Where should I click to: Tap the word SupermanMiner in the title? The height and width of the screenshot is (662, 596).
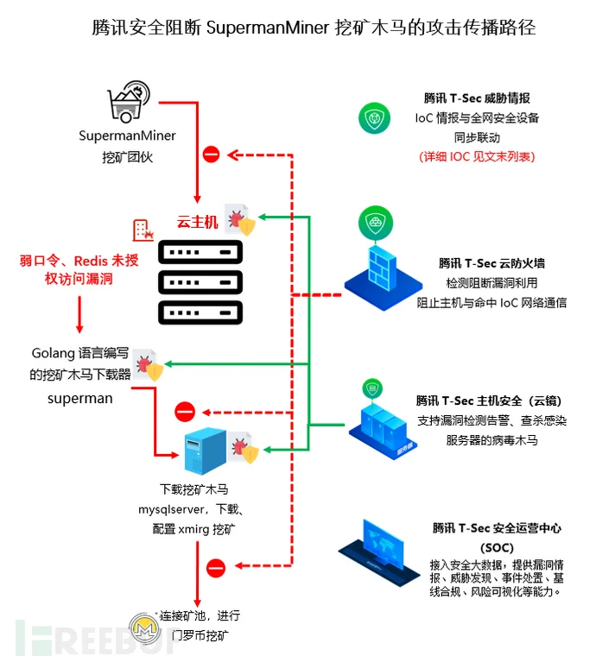268,28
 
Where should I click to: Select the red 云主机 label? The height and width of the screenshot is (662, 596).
197,222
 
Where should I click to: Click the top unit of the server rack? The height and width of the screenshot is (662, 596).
200,252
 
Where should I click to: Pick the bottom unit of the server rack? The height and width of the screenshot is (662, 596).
200,312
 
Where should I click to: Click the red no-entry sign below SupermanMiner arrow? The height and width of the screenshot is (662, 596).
212,154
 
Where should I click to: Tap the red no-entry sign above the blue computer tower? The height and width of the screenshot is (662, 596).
185,412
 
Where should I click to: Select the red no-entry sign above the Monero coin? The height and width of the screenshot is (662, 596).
216,568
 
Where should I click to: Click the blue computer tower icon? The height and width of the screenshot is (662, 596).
206,451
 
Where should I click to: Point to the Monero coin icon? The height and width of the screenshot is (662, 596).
145,628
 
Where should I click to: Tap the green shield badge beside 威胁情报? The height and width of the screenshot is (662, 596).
374,118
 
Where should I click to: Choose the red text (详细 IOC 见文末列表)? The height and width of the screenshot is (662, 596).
477,156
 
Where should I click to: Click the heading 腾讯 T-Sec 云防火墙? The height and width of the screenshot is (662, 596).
491,263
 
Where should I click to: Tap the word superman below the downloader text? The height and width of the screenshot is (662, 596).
80,399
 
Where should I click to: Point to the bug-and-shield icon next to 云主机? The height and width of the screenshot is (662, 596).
240,219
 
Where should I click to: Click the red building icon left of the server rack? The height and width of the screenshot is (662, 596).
143,230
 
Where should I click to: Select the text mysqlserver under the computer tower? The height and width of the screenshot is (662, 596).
172,509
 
